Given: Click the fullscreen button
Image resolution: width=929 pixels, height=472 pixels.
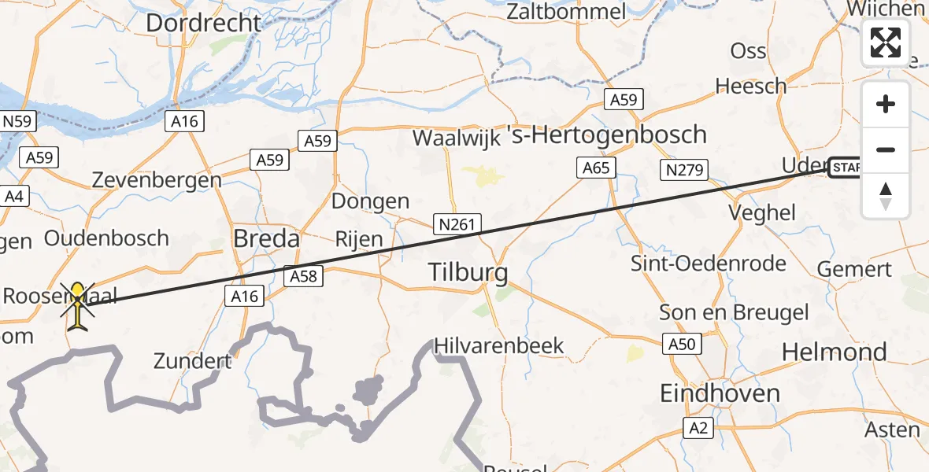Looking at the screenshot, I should point(886,42).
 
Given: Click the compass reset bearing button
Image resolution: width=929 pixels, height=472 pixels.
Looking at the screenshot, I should point(886,196).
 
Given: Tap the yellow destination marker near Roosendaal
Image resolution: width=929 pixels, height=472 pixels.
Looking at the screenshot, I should point(78,303).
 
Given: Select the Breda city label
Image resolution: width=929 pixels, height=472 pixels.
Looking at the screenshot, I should point(267,238).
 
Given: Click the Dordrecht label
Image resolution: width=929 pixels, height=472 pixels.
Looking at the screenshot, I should point(203,23).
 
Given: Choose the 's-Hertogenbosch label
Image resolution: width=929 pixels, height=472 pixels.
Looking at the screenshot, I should point(606,135).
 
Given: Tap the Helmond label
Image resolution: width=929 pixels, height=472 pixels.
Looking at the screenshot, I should point(834,352).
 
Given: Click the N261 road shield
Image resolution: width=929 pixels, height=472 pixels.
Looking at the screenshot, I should point(457,225).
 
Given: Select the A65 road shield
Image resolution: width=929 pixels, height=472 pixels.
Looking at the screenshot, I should point(596,167).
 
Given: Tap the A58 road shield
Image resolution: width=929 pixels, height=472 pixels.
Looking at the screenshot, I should point(302,276).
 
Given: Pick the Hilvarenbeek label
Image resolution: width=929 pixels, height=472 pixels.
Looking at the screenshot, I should point(499,345).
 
